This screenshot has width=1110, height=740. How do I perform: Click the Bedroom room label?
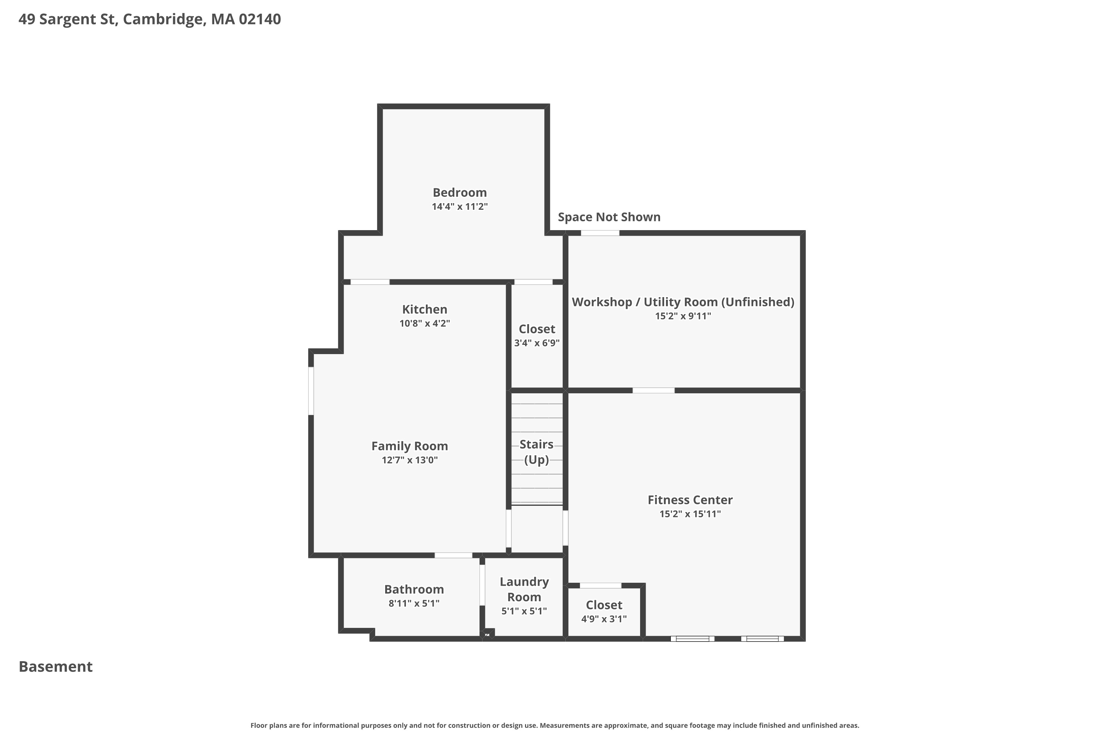460,192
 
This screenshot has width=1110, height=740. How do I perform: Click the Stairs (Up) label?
536,452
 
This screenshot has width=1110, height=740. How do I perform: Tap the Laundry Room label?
524,589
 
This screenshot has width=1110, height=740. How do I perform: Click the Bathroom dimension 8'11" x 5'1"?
414,603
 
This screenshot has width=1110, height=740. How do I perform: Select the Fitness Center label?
690,500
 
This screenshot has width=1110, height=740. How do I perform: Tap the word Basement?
56,666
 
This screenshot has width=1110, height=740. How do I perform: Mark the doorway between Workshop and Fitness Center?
654,390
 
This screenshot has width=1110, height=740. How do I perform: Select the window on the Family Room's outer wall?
311,391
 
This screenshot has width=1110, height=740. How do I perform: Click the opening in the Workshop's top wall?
600,233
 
